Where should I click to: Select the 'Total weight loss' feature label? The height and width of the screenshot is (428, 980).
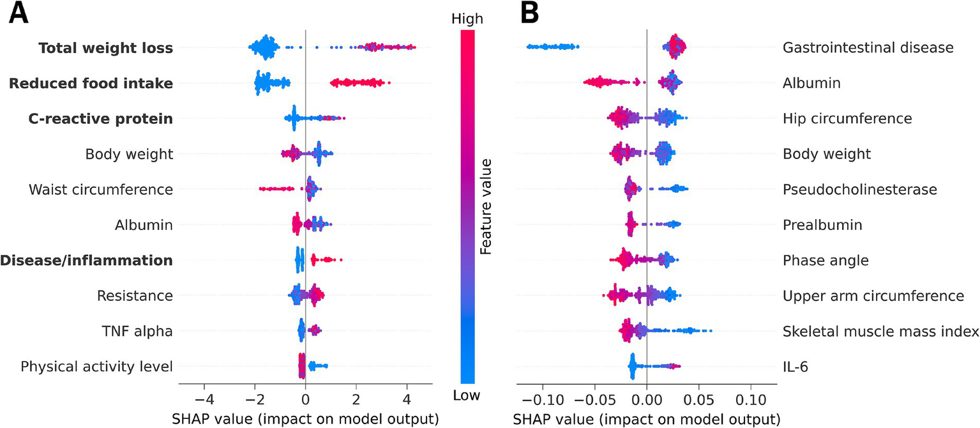pyautogui.click(x=105, y=48)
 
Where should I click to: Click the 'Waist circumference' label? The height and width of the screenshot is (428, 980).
pyautogui.click(x=101, y=190)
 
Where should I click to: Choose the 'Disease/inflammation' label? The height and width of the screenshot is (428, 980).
pyautogui.click(x=87, y=260)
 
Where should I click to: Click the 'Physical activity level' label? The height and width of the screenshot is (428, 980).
pyautogui.click(x=97, y=366)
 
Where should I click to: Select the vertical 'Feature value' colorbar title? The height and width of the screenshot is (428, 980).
pyautogui.click(x=486, y=208)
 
